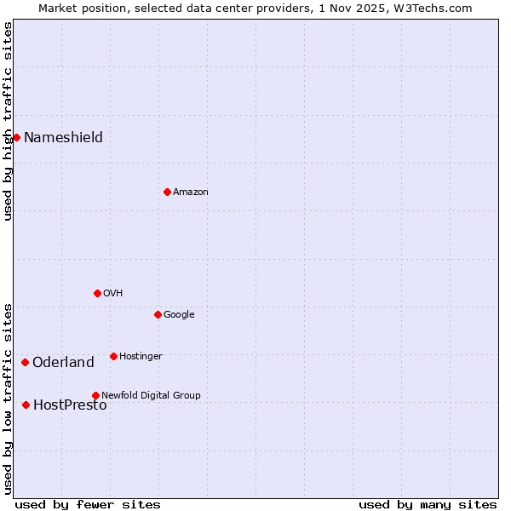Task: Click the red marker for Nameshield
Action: [16, 137]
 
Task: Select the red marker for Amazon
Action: [167, 192]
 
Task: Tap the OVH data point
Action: [97, 293]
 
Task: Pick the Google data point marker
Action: [158, 314]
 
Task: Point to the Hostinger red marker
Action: [113, 356]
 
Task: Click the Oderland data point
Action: [25, 362]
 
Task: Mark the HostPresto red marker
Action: [26, 405]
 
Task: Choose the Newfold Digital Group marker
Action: [95, 395]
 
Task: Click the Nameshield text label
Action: [63, 137]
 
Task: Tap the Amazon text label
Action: [191, 192]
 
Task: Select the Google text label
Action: [179, 314]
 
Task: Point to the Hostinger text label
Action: [141, 356]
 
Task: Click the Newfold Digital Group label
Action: [151, 395]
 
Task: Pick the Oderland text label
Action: [63, 362]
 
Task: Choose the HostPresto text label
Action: [70, 405]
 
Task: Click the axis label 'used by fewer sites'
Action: [88, 504]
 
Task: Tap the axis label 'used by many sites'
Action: [428, 504]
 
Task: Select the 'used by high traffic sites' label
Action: [8, 121]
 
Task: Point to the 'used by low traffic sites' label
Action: [8, 398]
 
